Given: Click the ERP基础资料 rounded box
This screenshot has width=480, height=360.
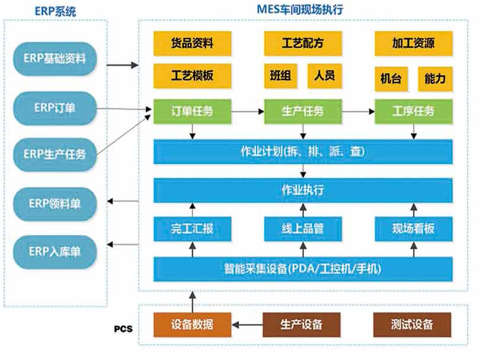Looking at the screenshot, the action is click(x=55, y=59).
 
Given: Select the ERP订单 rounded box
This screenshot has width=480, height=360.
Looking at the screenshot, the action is click(x=55, y=108).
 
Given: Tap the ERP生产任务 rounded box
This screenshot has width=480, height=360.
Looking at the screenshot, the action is click(x=55, y=154).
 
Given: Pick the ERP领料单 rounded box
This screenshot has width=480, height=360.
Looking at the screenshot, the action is click(x=55, y=204).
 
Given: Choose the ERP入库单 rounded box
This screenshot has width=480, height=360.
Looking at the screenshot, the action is click(x=55, y=252).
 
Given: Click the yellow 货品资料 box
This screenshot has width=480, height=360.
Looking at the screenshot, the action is click(x=192, y=43).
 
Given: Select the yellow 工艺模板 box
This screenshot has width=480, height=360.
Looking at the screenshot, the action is click(x=192, y=76).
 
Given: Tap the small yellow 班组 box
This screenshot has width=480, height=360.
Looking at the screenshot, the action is click(x=280, y=76).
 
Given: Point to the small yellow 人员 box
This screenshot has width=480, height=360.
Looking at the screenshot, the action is click(x=325, y=76).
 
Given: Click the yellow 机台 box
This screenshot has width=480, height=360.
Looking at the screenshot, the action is click(x=391, y=79).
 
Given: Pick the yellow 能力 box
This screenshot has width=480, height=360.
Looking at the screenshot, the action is click(x=436, y=79).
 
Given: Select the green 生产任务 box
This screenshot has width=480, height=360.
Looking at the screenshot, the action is click(x=303, y=111).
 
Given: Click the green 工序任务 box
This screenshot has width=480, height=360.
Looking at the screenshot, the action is click(x=414, y=111).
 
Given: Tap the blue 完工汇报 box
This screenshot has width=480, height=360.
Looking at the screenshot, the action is click(x=192, y=229).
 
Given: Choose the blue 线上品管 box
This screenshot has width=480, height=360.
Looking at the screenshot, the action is click(x=303, y=229).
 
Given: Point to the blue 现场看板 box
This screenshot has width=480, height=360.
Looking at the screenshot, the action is click(x=414, y=229).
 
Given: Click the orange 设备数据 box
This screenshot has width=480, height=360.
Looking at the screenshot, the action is click(x=192, y=324).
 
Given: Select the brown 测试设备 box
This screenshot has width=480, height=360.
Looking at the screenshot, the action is click(x=412, y=324).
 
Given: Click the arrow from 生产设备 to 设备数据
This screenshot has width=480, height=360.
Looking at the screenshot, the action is click(x=247, y=324).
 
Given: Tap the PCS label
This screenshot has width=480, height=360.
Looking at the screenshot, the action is click(x=123, y=329).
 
